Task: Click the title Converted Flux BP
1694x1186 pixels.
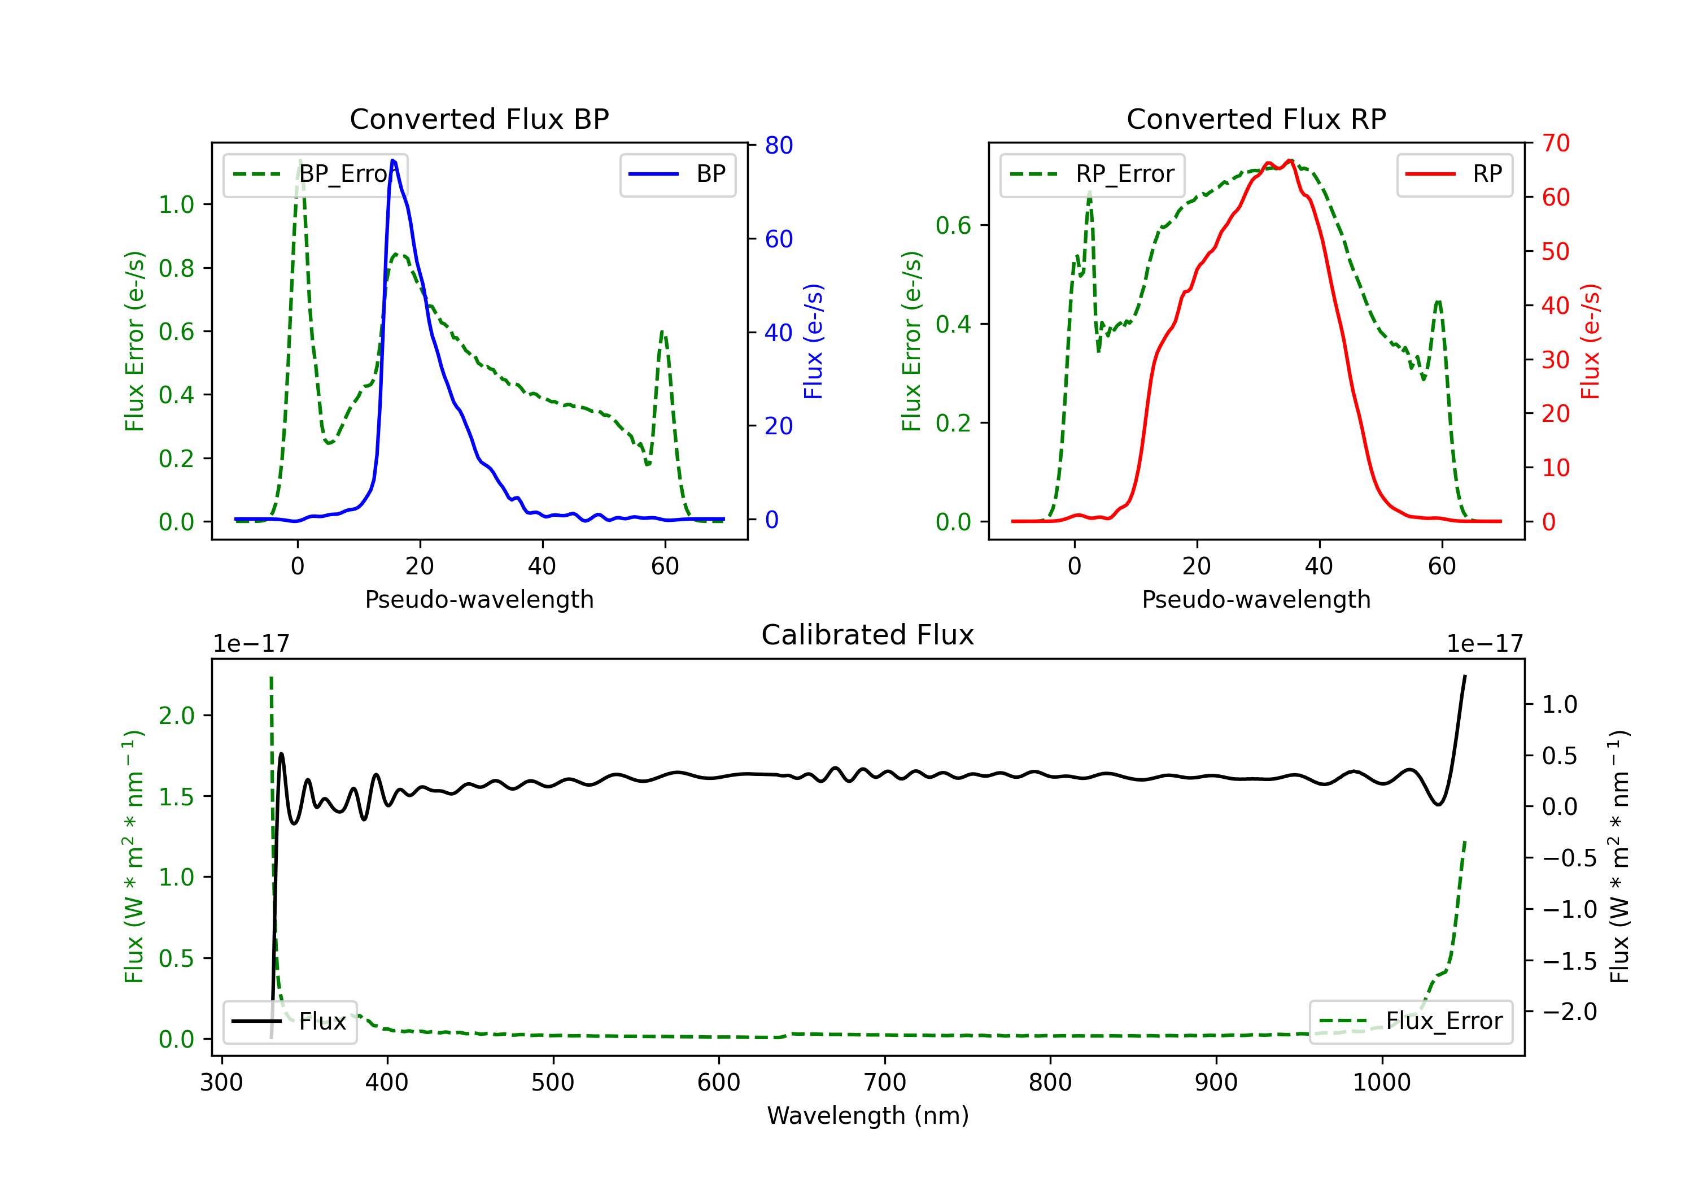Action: tap(479, 119)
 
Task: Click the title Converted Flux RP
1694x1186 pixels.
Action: tap(1256, 119)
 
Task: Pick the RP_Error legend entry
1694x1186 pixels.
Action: tap(1092, 174)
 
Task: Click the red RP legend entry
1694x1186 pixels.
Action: tap(1454, 174)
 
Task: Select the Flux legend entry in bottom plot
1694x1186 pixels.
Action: tap(290, 1022)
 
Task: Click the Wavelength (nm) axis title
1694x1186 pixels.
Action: tap(868, 1115)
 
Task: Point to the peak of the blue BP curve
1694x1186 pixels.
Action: tap(393, 160)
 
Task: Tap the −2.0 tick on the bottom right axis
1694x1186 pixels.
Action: tap(1569, 1012)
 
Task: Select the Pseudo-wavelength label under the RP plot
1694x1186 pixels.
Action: tap(1256, 599)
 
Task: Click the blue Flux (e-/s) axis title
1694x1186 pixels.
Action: tap(813, 341)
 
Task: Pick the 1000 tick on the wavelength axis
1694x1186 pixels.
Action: tap(1381, 1083)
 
